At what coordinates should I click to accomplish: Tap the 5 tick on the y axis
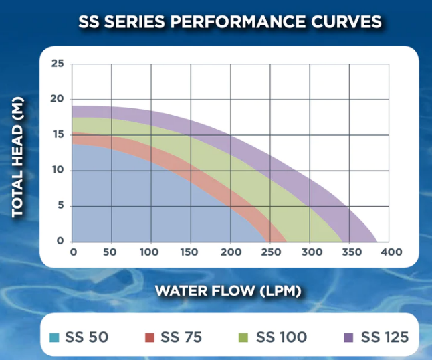pos(60,205)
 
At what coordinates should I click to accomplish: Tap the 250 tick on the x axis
pos(269,252)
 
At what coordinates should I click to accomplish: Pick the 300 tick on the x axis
pos(310,252)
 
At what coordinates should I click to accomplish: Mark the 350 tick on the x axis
pos(349,252)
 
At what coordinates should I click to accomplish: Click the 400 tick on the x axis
pos(389,252)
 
